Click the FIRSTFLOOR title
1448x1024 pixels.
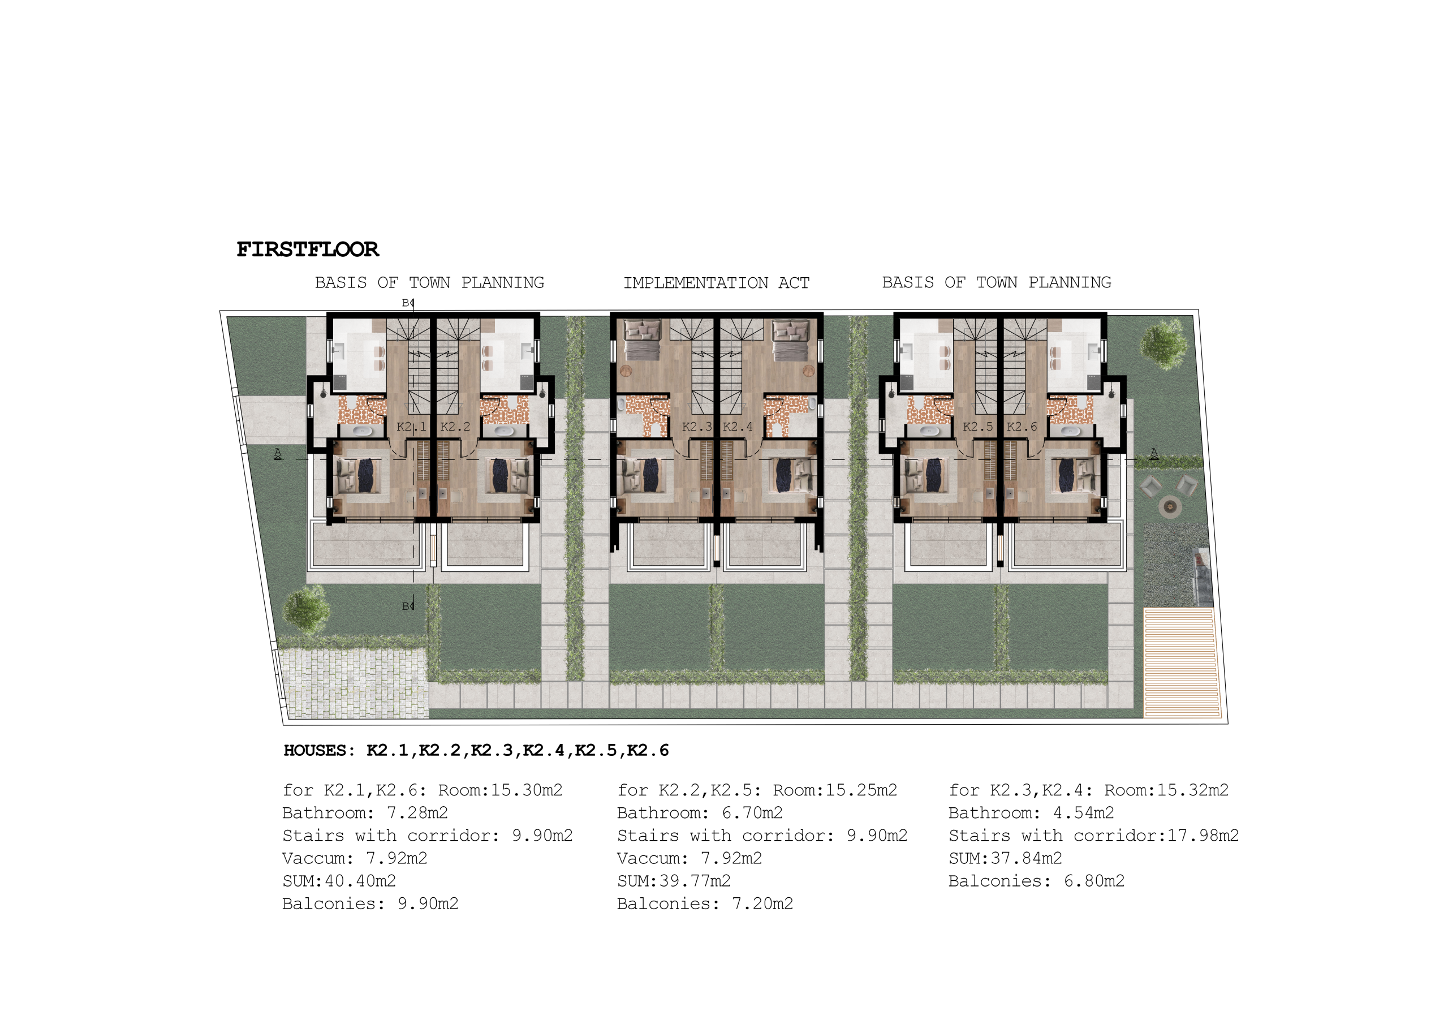(x=308, y=249)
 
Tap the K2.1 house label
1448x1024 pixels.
(x=411, y=427)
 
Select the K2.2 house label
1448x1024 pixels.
(x=455, y=427)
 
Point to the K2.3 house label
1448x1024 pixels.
(x=697, y=427)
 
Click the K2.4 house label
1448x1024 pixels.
(x=738, y=427)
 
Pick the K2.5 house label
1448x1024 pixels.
(x=977, y=427)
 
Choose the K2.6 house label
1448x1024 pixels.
(x=1022, y=427)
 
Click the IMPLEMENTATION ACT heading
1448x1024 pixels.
(x=717, y=283)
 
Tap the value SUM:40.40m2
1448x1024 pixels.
(x=339, y=881)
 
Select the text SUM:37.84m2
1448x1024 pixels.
(x=1005, y=858)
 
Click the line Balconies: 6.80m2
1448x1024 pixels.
(x=1037, y=881)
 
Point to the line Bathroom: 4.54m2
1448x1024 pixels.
(x=1031, y=812)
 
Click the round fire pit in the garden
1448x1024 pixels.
(x=1170, y=506)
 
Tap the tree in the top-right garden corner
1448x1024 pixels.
(x=1163, y=345)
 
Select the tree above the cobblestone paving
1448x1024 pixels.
(x=307, y=609)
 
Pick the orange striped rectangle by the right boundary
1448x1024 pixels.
(x=1179, y=662)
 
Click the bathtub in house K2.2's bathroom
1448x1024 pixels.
(x=503, y=432)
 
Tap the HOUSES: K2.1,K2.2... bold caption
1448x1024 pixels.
(x=476, y=750)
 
